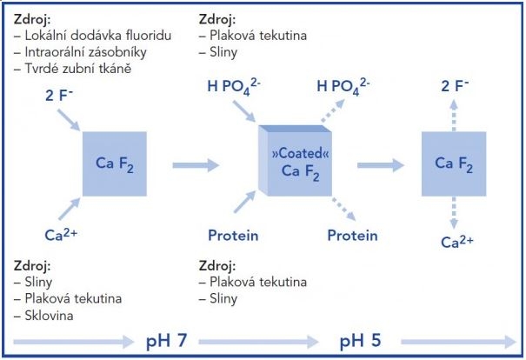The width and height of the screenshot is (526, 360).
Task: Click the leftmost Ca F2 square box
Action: pos(115,163)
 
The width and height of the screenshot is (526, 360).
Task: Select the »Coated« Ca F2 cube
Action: pos(295,161)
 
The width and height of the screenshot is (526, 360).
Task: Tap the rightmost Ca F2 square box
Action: pos(454,163)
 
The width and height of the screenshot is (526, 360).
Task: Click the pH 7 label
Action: pos(166,341)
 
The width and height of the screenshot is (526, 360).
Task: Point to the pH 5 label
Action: pos(360,341)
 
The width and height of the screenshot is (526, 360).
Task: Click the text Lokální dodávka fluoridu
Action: pos(98,36)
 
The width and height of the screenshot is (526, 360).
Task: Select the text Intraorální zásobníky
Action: pos(85,52)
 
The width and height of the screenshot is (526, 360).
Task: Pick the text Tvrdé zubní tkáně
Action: pos(78,69)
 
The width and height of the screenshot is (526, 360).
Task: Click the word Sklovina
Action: pos(49,316)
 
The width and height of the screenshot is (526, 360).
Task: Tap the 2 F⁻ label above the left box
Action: pos(59,96)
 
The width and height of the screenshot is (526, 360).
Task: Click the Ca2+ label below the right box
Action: pos(457,242)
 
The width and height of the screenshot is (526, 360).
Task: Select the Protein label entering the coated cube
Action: pos(233,235)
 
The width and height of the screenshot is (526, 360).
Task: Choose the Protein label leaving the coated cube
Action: pos(352,235)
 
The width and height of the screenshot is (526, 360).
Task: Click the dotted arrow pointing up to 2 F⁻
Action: pos(454,116)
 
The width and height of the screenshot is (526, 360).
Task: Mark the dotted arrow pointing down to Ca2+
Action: pos(454,213)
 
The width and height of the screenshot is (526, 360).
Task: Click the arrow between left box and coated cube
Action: pos(196,165)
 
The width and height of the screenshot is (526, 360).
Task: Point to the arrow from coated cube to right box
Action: pos(381,165)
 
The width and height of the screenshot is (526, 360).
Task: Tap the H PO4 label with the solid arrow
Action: pos(234,87)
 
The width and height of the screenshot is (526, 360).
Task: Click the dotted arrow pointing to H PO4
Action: pos(333,110)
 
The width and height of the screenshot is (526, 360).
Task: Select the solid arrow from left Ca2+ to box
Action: pos(70,209)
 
